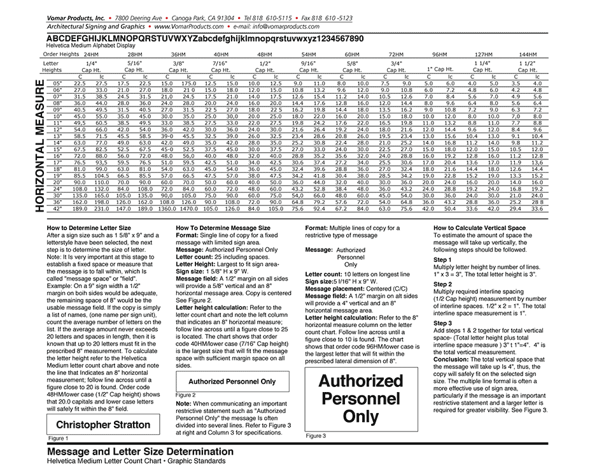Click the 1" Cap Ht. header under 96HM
440,69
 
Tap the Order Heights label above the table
61,54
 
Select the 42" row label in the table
57,208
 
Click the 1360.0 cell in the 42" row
167,208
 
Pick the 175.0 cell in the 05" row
188,84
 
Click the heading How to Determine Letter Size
89,228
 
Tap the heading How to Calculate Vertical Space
479,228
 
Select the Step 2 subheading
442,284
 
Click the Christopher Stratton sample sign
103,425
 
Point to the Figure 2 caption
185,395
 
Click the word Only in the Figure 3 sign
360,417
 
